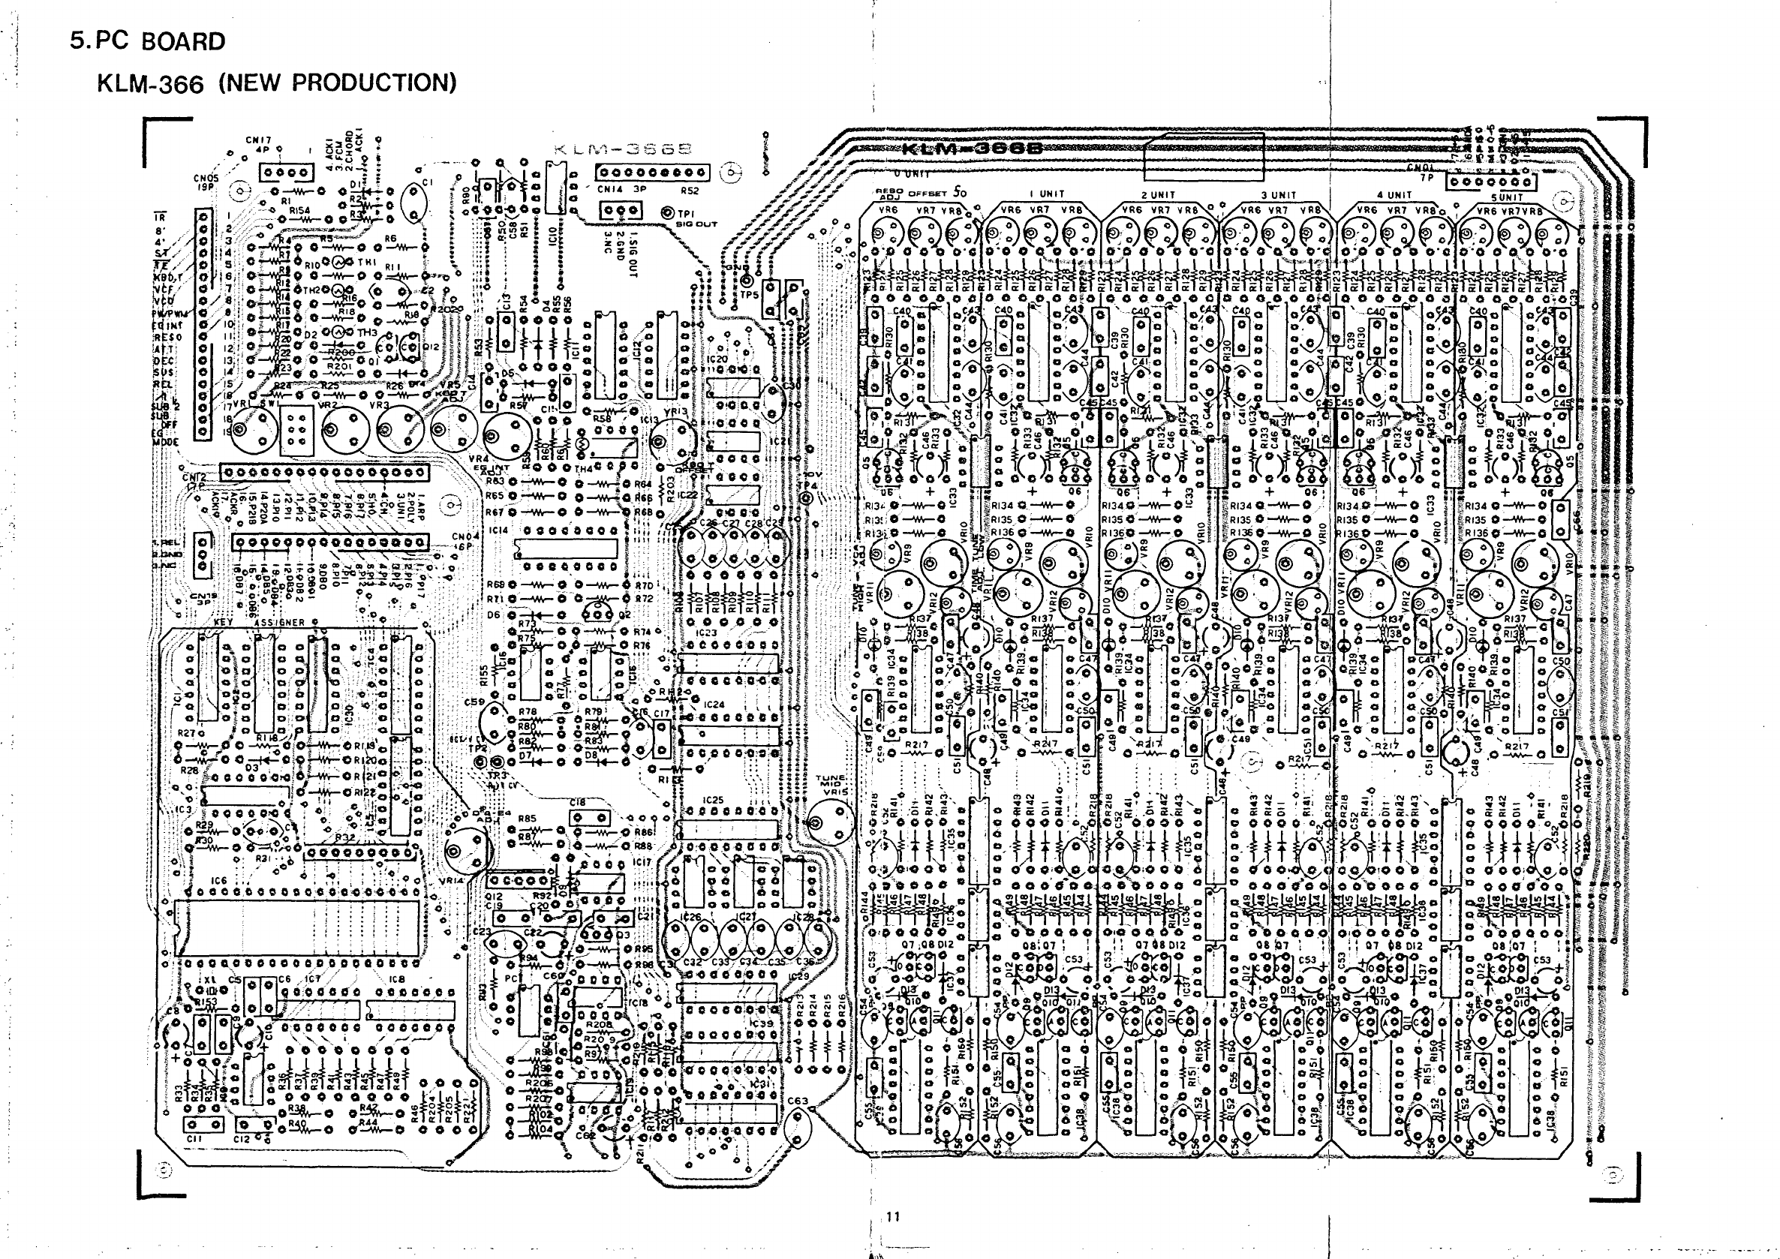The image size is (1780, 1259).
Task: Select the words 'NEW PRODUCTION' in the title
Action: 338,83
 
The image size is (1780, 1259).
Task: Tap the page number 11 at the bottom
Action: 893,1216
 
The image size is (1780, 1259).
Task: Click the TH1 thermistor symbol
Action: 338,263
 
